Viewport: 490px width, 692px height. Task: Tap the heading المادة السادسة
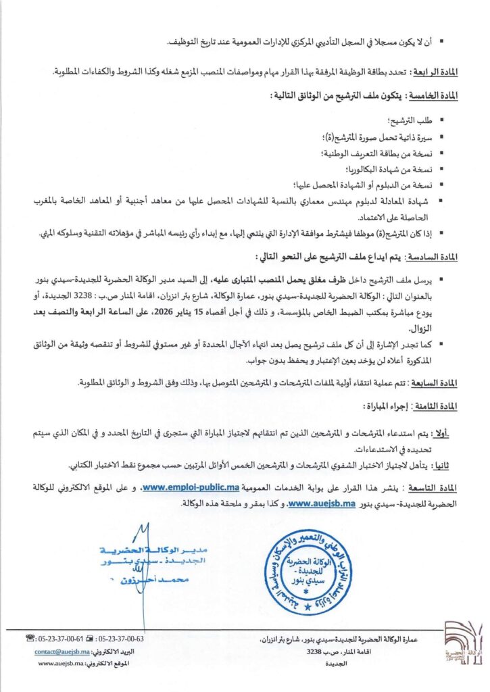(435, 257)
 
